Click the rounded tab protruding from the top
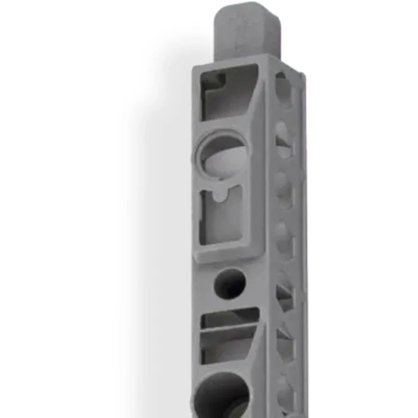pyautogui.click(x=247, y=30)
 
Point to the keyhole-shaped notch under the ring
pyautogui.click(x=220, y=194)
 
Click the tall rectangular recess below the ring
pyautogui.click(x=222, y=216)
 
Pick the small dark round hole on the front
pyautogui.click(x=229, y=283)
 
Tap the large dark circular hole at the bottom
pyautogui.click(x=222, y=394)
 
